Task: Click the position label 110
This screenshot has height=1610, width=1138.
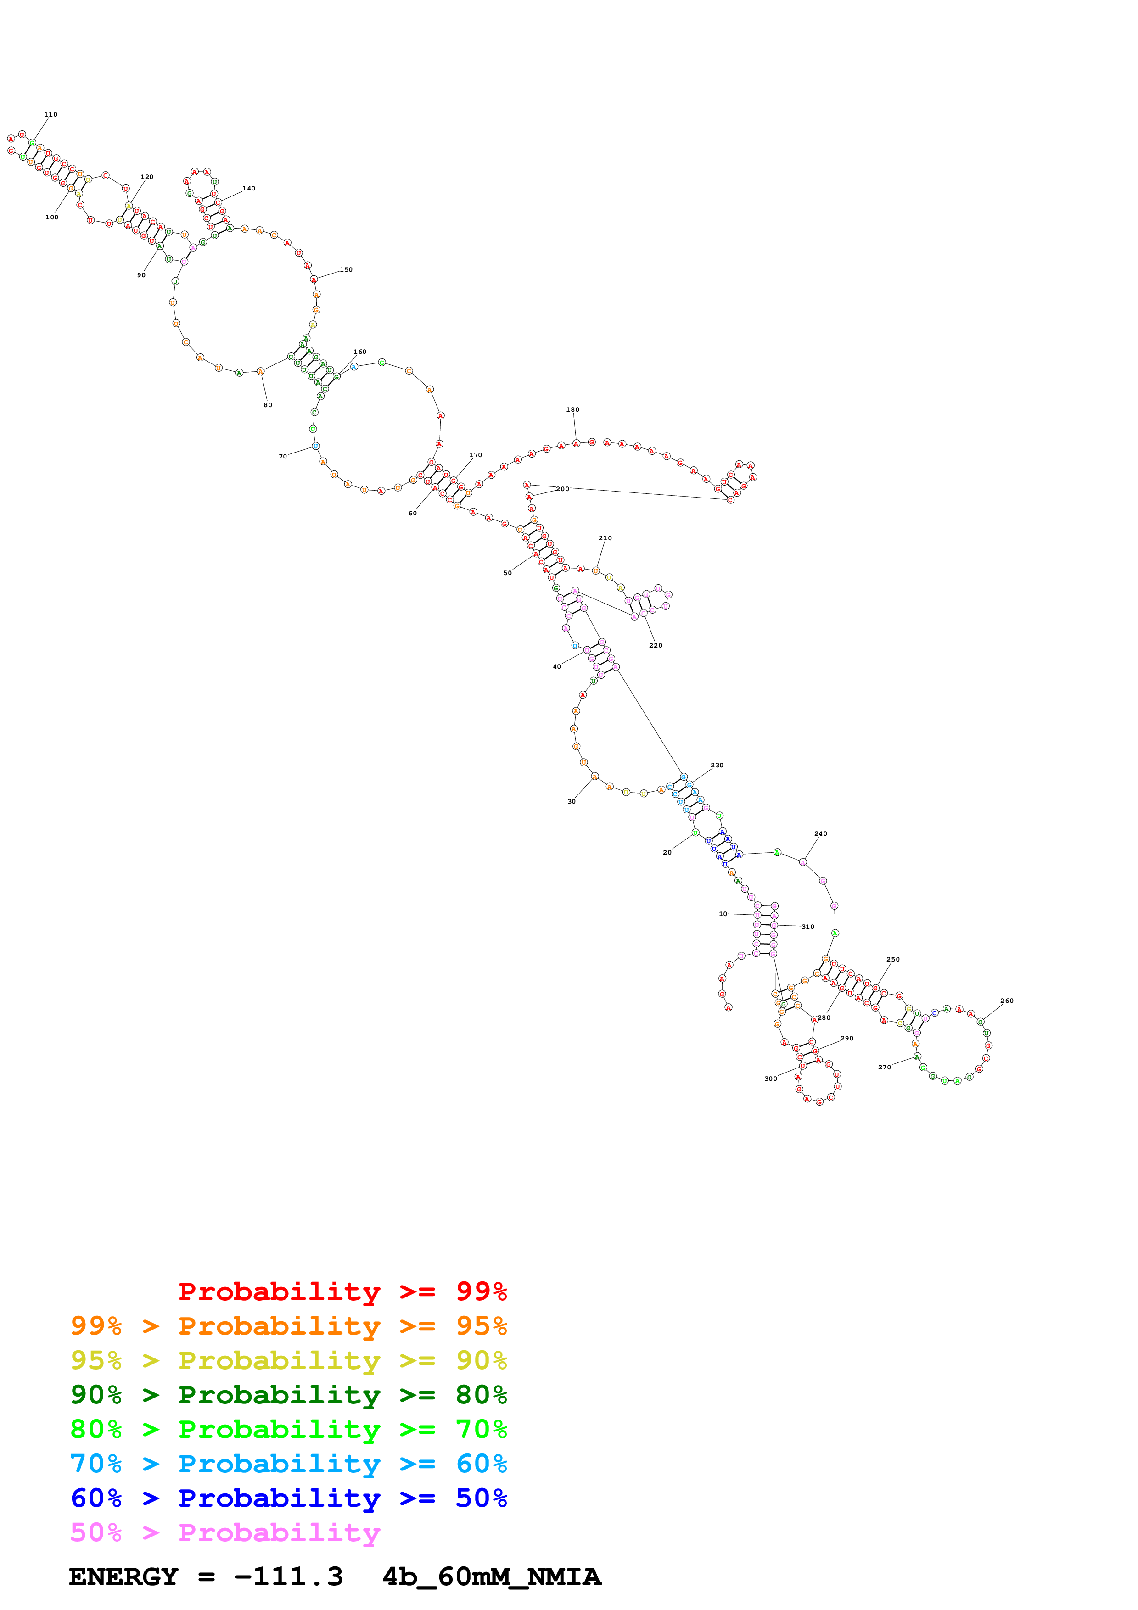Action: point(50,114)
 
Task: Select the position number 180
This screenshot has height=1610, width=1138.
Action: point(573,409)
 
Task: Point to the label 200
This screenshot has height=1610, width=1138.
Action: point(563,489)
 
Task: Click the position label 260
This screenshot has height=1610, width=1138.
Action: point(1007,1001)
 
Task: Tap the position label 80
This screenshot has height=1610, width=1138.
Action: point(268,405)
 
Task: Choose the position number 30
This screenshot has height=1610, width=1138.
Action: point(572,801)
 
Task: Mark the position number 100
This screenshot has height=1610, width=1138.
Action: point(52,218)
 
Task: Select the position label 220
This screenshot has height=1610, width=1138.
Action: point(656,645)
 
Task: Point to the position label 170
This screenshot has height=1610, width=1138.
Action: point(476,455)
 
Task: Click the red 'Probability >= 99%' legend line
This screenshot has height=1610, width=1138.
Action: point(342,1291)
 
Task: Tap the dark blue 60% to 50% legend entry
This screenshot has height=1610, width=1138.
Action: point(288,1498)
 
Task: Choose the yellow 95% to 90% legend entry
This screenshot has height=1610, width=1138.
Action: point(288,1360)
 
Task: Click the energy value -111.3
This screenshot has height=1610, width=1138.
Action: point(288,1577)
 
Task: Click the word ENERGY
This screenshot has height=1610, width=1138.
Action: point(123,1577)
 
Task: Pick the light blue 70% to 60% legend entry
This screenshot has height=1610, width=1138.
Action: point(288,1464)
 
